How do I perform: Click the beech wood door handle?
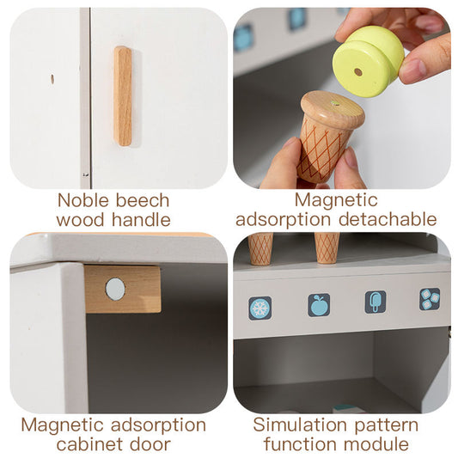[x=123, y=96]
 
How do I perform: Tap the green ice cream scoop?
[x=369, y=61]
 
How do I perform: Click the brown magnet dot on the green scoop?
[x=358, y=72]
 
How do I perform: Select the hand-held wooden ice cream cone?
[x=328, y=136]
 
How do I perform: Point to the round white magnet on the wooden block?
[x=115, y=290]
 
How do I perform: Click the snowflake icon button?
[x=260, y=308]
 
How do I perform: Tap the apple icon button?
[x=319, y=305]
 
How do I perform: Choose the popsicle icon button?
[x=376, y=302]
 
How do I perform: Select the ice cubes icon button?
[x=430, y=299]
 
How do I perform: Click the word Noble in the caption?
[x=83, y=200]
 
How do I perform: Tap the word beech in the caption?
[x=143, y=200]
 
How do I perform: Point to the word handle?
[x=142, y=220]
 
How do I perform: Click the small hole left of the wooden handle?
[x=52, y=79]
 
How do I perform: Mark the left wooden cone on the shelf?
[x=260, y=248]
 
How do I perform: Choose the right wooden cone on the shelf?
[x=327, y=247]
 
